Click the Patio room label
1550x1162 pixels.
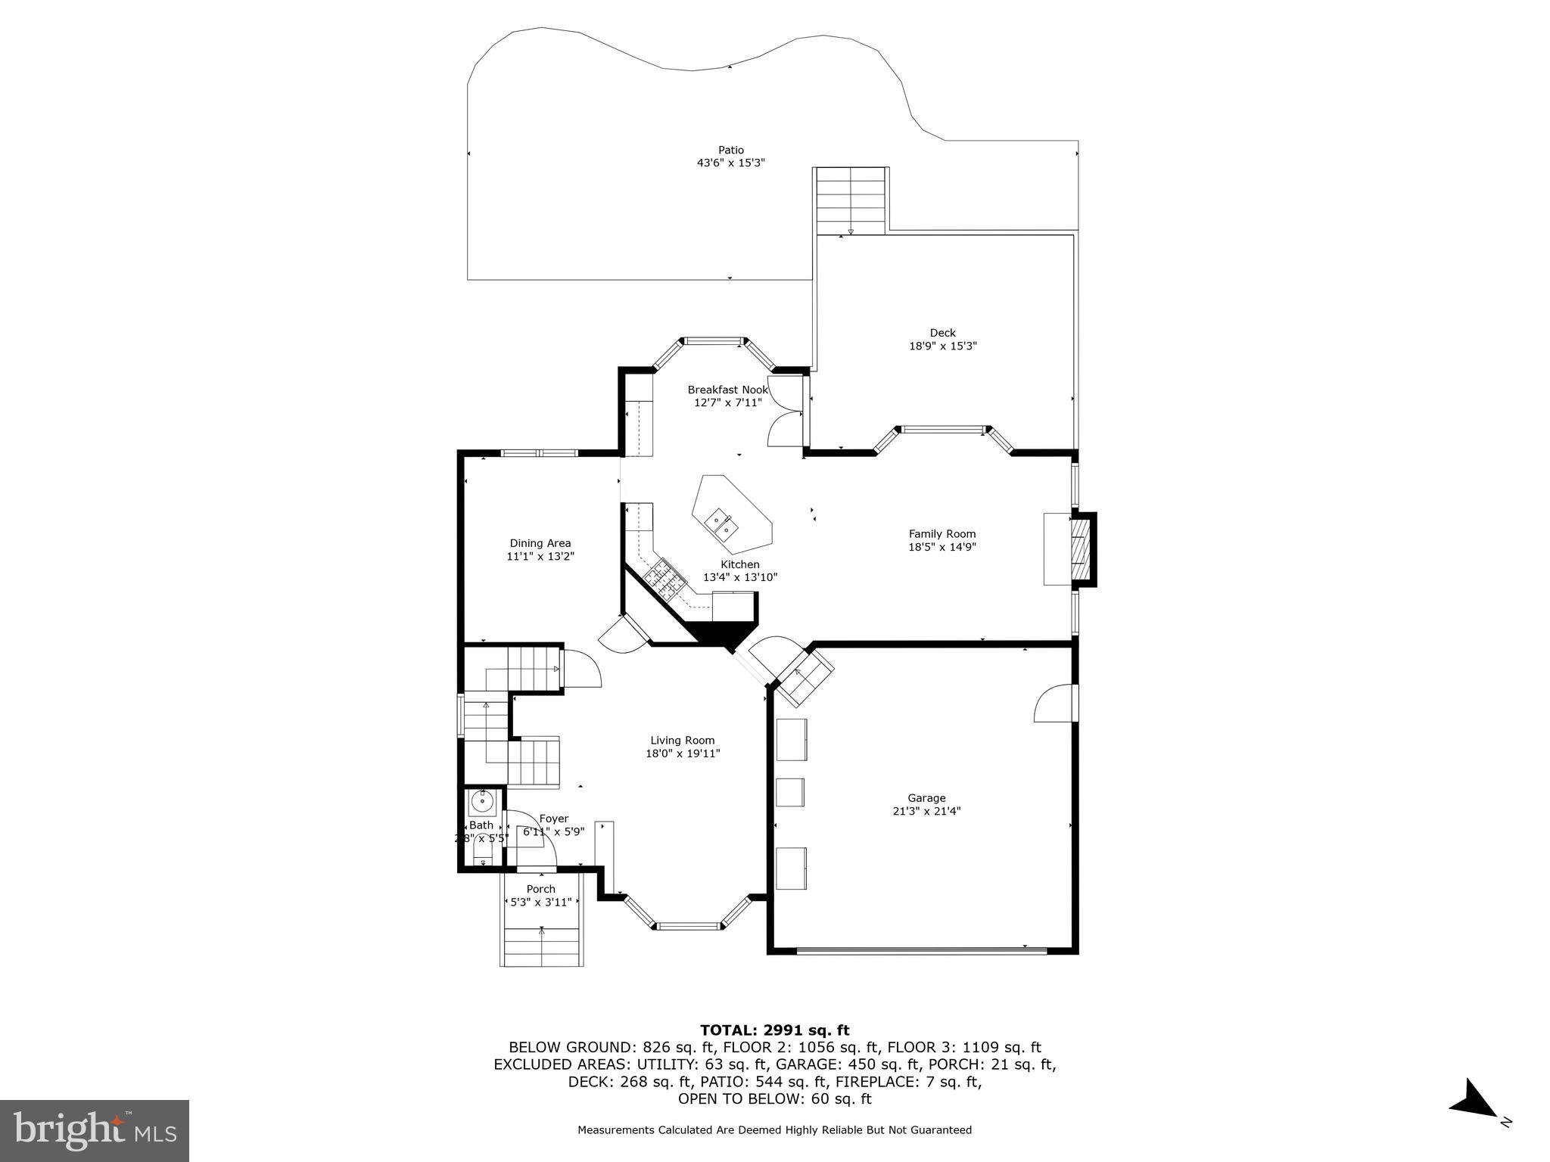(x=730, y=150)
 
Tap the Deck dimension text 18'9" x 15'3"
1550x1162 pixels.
(x=942, y=346)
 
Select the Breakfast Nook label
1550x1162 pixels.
(x=727, y=390)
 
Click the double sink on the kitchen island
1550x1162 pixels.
(x=721, y=524)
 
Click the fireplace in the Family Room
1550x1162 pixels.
(x=1083, y=549)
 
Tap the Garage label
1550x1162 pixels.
(x=926, y=797)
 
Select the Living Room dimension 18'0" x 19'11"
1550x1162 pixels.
(x=682, y=753)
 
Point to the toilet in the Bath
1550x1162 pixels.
(x=483, y=856)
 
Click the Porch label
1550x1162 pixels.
(x=540, y=889)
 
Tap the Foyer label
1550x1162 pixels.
(x=553, y=819)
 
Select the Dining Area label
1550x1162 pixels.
(x=540, y=542)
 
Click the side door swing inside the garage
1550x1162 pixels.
(x=1053, y=704)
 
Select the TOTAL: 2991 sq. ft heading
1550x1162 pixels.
(x=774, y=1030)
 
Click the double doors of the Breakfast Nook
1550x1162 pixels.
(x=785, y=412)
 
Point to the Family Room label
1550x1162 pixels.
(x=942, y=533)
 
